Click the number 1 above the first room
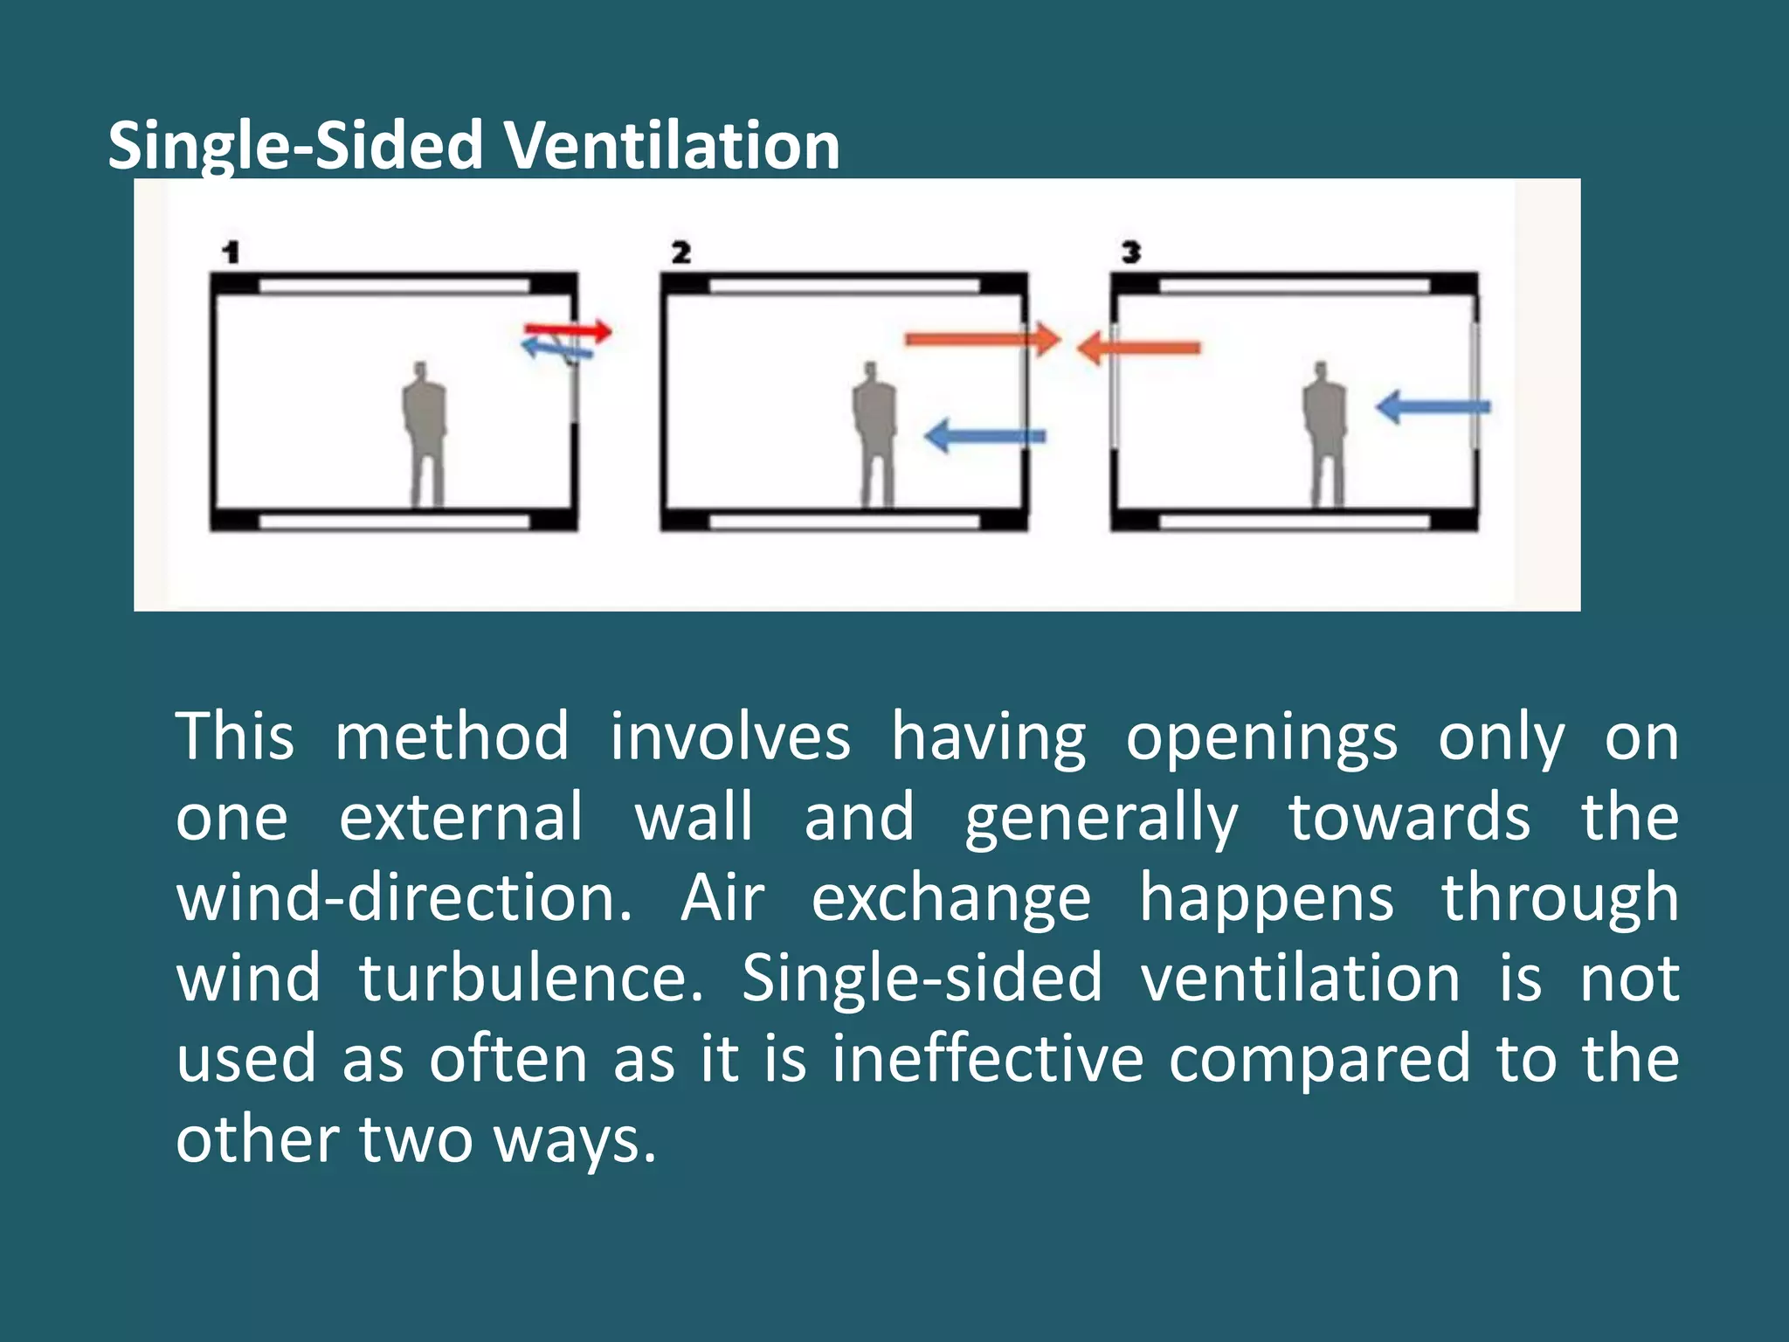tap(231, 253)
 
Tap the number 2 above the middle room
tap(681, 253)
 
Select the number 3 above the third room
tap(1131, 253)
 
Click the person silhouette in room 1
tap(425, 432)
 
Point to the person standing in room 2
tap(874, 432)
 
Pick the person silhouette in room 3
tap(1325, 432)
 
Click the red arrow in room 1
tap(568, 330)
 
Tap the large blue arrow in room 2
tap(984, 435)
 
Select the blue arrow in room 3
tap(1433, 406)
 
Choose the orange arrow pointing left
tap(1139, 348)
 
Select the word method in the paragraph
tap(452, 737)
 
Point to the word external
tap(460, 817)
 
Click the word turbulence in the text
tap(531, 978)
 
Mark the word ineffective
tap(987, 1058)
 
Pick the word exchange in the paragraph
tap(951, 899)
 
